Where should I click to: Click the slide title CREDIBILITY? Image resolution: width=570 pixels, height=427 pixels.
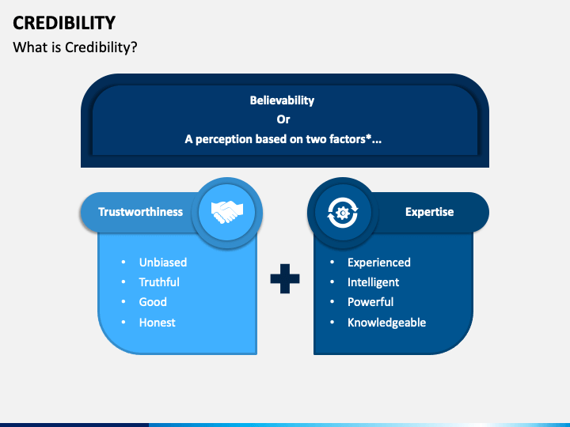click(64, 22)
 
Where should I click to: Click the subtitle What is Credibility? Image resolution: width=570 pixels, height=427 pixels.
click(75, 47)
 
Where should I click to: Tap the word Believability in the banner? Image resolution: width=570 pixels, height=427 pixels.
click(283, 100)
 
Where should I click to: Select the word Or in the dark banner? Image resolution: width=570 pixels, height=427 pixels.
click(283, 119)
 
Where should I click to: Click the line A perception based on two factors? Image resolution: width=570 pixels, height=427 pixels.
click(283, 139)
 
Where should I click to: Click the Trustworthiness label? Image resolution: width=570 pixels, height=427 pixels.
click(140, 212)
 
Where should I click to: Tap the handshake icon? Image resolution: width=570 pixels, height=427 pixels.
click(227, 212)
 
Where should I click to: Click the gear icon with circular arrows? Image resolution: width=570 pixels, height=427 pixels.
click(343, 212)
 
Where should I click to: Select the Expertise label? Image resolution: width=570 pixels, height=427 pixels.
click(429, 212)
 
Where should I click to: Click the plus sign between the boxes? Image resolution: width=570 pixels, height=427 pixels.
click(285, 279)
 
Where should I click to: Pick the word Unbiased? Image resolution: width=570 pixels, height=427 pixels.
click(163, 263)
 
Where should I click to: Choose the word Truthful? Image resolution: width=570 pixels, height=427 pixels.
click(159, 282)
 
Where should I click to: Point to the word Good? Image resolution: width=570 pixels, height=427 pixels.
click(153, 302)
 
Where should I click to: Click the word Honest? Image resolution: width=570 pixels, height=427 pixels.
click(158, 323)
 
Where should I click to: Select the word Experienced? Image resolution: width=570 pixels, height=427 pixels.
click(378, 263)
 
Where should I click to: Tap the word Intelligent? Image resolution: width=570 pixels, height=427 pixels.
click(373, 282)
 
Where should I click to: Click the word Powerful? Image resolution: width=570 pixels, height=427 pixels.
click(370, 302)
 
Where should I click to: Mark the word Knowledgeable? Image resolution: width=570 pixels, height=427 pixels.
click(386, 323)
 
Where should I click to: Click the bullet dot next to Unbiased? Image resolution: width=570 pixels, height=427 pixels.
click(123, 263)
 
